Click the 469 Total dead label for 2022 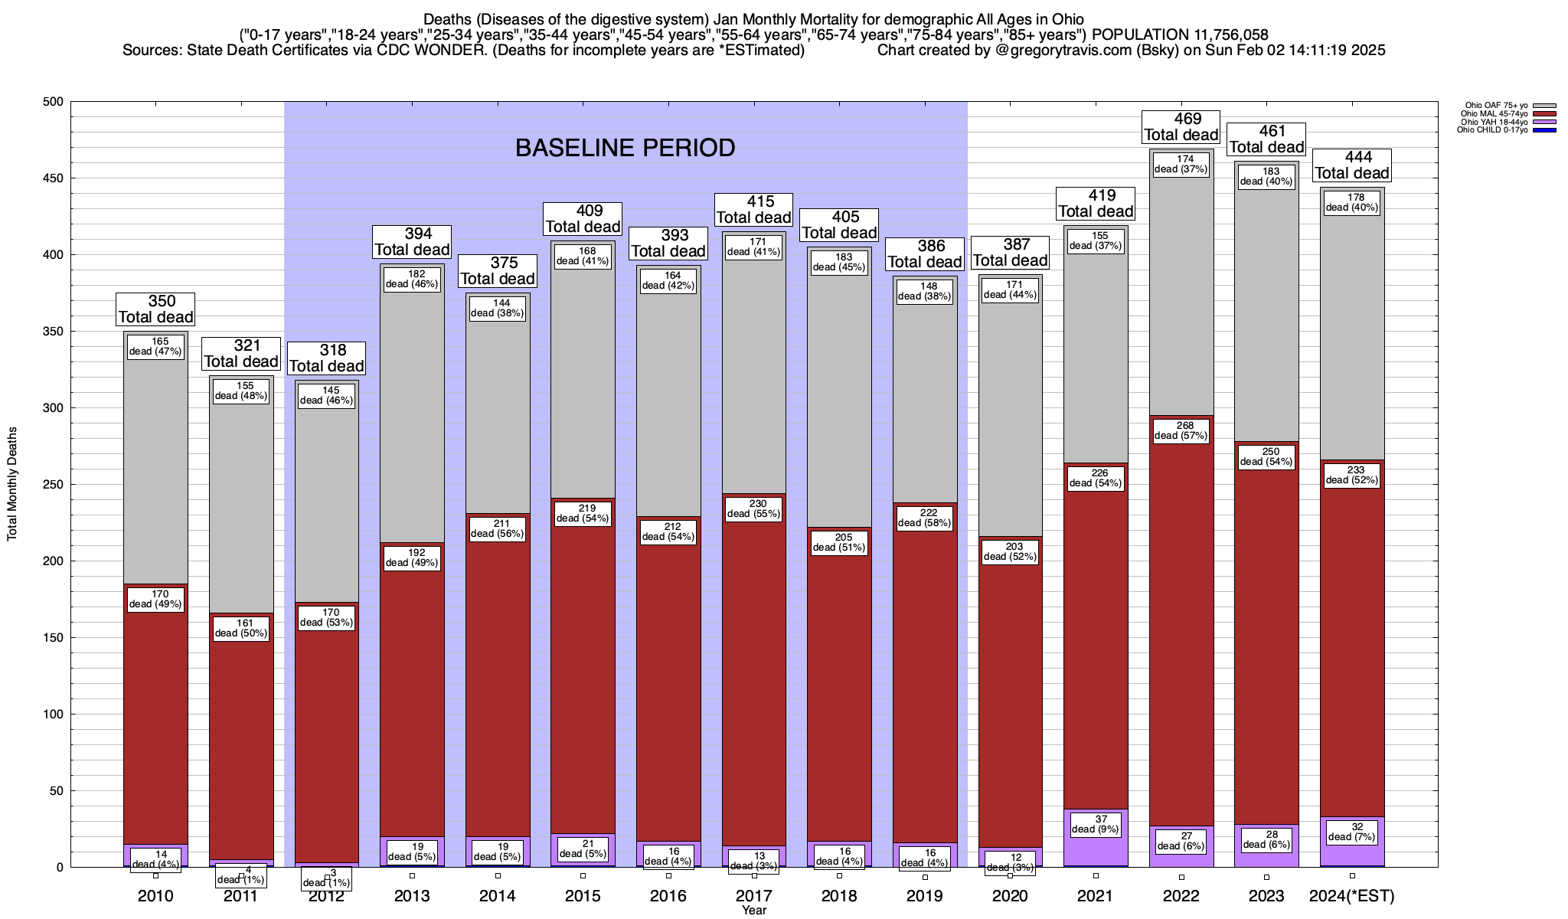(1181, 127)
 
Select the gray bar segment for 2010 (156, 459)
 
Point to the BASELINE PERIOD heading (625, 148)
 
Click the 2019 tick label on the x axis (925, 896)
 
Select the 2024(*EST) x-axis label (1352, 896)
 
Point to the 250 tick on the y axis (54, 485)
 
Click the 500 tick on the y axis (54, 102)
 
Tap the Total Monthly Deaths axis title (12, 484)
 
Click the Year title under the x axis (754, 911)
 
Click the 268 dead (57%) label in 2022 (1181, 430)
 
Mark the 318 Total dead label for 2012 (326, 358)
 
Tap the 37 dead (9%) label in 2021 (1096, 824)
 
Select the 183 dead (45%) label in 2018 (839, 262)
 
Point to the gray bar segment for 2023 (1266, 322)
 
